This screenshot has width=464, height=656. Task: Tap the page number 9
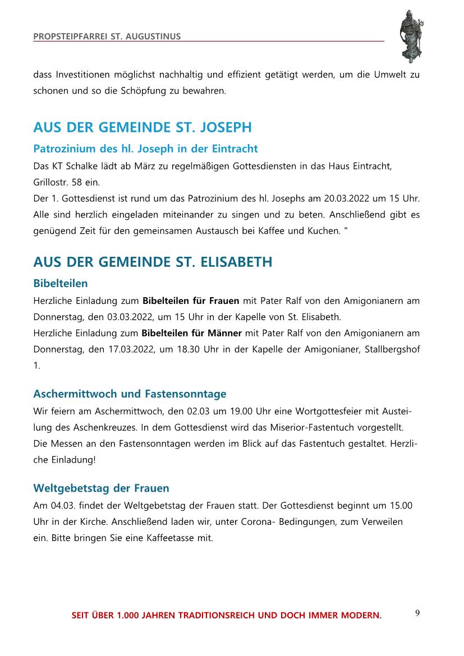417,612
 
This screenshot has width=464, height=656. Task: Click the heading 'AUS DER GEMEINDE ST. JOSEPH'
143,128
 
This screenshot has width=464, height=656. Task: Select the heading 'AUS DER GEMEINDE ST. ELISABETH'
153,262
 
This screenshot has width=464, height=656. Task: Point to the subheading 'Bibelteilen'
61,283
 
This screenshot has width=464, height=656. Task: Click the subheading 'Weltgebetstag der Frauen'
101,488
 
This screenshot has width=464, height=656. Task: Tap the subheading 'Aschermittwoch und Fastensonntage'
130,394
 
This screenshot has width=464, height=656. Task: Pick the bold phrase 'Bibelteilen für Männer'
192,333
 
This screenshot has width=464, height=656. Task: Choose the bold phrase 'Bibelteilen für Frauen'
191,301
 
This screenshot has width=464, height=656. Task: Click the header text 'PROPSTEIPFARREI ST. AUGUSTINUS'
107,36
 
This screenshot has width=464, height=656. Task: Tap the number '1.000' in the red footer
128,616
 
